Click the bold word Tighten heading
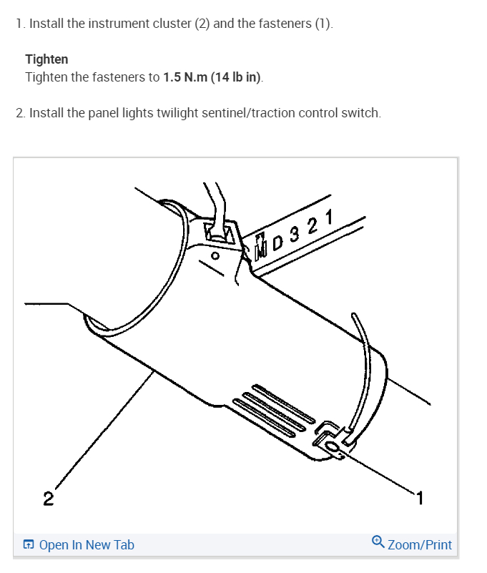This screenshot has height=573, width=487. (46, 59)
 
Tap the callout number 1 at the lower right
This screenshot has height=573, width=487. (420, 497)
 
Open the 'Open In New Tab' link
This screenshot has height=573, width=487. (87, 545)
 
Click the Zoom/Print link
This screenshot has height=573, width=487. (420, 545)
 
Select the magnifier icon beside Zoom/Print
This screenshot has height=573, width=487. (378, 544)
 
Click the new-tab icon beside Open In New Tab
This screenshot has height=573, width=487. (29, 545)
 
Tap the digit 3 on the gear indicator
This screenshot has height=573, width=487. (296, 233)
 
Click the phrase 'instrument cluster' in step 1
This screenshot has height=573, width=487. (148, 24)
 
